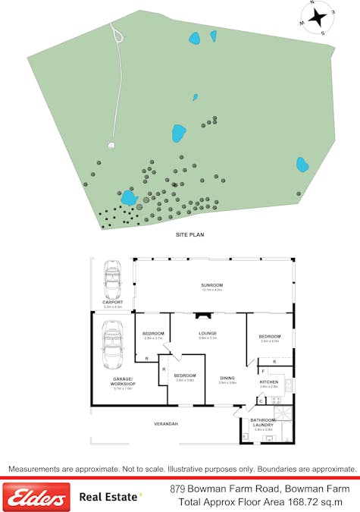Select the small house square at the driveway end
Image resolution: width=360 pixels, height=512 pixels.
[x=111, y=143]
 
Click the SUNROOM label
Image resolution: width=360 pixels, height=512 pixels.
[x=211, y=285]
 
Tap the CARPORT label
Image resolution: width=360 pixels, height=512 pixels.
[x=112, y=302]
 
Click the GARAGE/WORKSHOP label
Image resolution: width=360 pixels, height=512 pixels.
[x=123, y=380]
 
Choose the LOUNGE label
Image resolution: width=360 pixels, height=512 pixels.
[x=208, y=333]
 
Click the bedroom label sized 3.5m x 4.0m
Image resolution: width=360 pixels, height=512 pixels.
[x=270, y=336]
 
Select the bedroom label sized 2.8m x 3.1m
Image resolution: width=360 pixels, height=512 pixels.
[x=153, y=333]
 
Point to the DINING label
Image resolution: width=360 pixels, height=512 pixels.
[x=227, y=378]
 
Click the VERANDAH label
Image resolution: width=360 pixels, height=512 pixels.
[x=166, y=423]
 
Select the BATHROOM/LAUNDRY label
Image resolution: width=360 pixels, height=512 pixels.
[x=263, y=423]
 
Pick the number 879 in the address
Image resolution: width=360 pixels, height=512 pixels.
[x=178, y=488]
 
